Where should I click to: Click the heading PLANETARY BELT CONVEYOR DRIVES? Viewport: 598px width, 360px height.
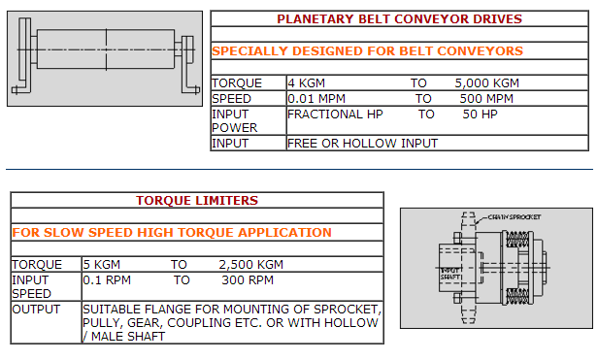pos(399,19)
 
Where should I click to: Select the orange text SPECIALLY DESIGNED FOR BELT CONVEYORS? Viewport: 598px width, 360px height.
pos(367,51)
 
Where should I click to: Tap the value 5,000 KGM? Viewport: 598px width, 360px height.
pos(486,83)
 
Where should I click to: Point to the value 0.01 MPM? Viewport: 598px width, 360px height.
pos(316,99)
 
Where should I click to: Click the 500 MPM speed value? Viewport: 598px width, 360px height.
pos(486,99)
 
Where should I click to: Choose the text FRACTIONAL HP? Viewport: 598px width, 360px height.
pos(335,115)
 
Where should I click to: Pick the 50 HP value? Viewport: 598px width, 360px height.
pos(480,115)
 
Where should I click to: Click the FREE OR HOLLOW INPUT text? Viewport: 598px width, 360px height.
pos(362,144)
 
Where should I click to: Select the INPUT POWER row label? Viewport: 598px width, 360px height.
pos(235,121)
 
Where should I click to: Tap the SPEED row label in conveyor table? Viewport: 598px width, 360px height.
pos(231,99)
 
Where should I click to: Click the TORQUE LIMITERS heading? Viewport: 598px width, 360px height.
pos(197,201)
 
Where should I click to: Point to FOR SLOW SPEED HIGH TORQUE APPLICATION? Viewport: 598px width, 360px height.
pos(172,233)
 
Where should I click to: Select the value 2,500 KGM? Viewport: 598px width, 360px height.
pos(250,265)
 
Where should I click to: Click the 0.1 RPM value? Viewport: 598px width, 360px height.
pos(107,280)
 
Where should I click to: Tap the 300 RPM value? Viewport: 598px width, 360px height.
pos(248,280)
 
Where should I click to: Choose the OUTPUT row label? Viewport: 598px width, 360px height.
pos(36,310)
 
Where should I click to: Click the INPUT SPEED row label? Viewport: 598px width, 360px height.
pos(31,287)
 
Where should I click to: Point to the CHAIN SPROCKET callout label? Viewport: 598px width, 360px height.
pos(515,217)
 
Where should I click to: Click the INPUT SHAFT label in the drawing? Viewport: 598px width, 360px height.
pos(450,274)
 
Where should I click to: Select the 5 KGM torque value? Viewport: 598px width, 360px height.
pos(101,265)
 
